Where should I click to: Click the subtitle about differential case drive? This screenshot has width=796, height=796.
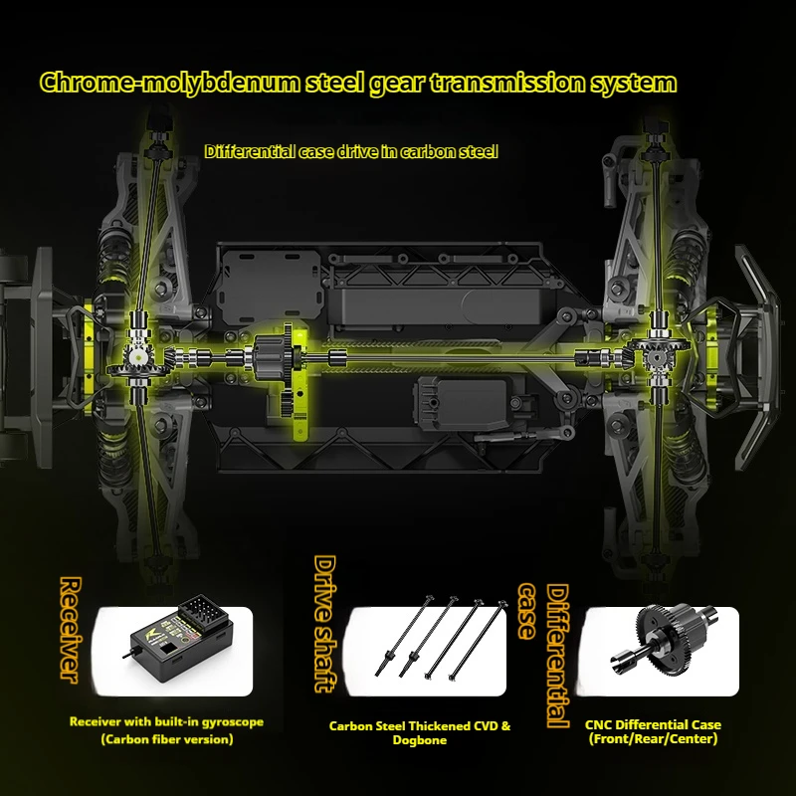[x=350, y=152]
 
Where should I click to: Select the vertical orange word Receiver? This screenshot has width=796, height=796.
[x=69, y=629]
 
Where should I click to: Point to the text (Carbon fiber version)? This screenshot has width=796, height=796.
[x=167, y=739]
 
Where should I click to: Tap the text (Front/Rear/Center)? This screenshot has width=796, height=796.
[x=654, y=739]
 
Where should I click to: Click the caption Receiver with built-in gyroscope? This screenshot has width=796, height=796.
[x=166, y=721]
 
